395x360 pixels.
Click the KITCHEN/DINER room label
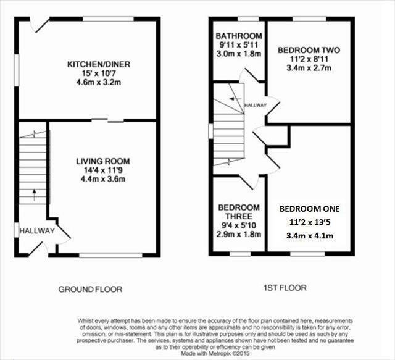99,64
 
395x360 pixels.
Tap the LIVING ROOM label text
103,161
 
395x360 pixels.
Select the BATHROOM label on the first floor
239,36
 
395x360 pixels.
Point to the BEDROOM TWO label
309,50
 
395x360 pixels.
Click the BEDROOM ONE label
310,209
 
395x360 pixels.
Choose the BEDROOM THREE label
239,212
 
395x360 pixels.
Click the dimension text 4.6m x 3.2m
99,83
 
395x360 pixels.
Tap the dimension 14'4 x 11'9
103,170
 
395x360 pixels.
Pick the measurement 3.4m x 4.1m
310,236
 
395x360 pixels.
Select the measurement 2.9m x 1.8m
239,234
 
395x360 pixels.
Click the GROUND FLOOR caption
90,289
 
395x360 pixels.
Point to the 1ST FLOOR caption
285,288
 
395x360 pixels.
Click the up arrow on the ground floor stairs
35,195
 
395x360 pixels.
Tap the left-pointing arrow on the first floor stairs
236,99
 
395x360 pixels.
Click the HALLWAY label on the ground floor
37,231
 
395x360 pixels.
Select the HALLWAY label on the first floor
255,105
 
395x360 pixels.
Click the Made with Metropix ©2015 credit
215,353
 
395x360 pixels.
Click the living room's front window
111,255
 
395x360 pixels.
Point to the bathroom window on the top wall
248,19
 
